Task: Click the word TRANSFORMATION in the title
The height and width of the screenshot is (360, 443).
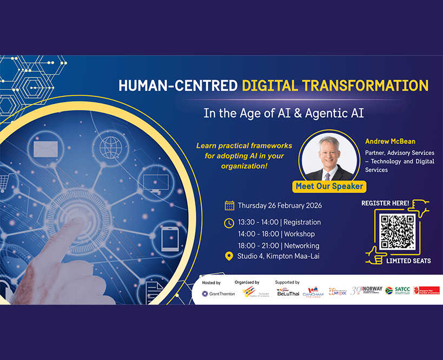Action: pos(365,86)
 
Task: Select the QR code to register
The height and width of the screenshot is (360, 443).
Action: pos(397,232)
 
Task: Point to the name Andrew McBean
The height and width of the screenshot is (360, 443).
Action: pos(391,141)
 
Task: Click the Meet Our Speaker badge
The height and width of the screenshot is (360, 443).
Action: pos(329,186)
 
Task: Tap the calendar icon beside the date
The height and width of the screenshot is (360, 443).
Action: pos(229,205)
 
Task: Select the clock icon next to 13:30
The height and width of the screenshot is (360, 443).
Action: pos(229,222)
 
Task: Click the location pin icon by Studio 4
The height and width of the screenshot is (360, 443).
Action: pos(229,256)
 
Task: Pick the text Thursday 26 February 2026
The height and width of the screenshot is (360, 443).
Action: pos(280,205)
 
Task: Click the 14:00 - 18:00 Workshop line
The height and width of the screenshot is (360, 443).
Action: pos(276,234)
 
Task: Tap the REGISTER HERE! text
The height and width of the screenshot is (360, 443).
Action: pos(385,203)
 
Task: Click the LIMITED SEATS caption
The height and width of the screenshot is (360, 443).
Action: pos(408,261)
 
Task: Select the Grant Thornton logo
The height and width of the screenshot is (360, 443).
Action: pos(218,293)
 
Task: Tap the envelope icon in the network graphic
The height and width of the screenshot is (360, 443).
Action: pos(45,148)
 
